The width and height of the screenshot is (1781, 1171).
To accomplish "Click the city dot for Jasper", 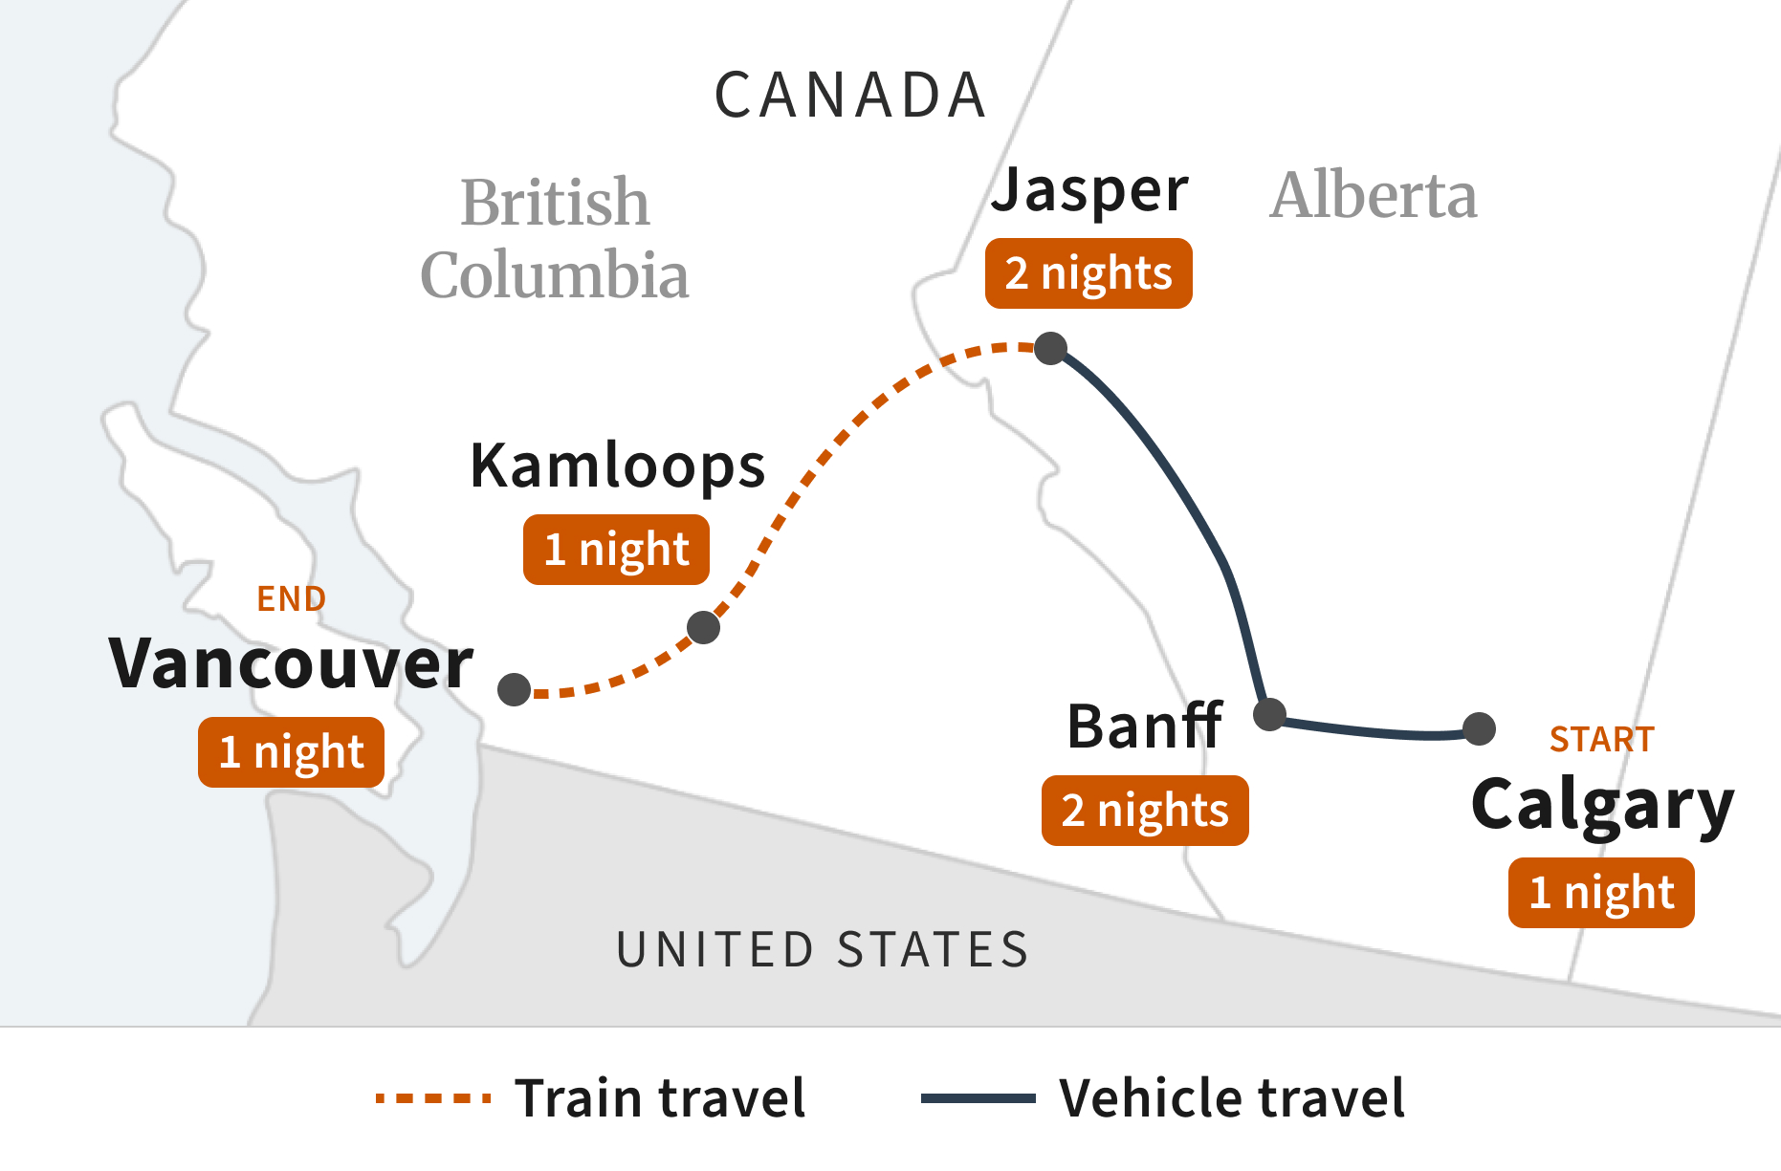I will point(1050,348).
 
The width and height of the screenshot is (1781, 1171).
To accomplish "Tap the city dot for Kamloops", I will point(703,627).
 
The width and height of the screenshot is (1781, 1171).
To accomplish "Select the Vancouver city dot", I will point(515,689).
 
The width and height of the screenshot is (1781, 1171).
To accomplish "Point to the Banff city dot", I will point(1269,714).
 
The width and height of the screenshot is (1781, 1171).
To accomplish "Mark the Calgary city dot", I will point(1479,728).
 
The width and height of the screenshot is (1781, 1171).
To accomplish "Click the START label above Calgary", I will point(1601,739).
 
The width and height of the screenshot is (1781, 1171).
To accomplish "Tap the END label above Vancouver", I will point(292,599).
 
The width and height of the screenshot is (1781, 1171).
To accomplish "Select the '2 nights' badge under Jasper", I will point(1088,273).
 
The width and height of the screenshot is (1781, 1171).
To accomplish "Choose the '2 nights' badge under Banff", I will point(1145,811).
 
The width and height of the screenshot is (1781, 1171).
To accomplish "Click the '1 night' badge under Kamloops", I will point(616,550).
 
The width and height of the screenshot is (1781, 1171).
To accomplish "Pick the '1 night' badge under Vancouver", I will point(291,752).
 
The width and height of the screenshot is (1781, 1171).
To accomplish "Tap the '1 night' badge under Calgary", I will point(1601,893).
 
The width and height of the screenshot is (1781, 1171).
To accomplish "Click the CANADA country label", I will point(850,96).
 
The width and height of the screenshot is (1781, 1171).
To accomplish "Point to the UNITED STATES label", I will point(823,949).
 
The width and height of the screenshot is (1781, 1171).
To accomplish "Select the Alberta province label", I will point(1373,196).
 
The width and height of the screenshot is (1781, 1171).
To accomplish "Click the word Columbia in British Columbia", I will point(555,275).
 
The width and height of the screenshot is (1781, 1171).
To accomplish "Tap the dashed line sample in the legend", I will point(433,1098).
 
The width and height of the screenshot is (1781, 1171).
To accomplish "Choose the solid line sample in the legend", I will point(978,1098).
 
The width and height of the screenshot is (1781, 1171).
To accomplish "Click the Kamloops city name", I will point(618,466).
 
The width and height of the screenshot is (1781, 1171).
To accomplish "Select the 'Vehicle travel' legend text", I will point(1232,1097).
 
